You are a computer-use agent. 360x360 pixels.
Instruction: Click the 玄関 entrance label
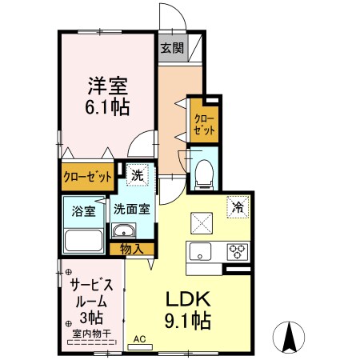coord(172,48)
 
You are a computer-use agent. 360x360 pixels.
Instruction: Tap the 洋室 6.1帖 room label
coord(108,95)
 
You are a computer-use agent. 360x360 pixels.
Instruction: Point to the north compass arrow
coord(289,337)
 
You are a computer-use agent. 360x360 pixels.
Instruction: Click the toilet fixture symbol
coord(203,171)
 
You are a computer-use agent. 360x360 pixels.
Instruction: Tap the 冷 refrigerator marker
coord(238,206)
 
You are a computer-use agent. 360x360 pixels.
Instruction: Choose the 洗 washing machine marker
coord(138,174)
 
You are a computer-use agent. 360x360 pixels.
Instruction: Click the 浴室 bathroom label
coord(84,212)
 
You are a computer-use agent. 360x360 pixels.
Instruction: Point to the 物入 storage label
coord(132,249)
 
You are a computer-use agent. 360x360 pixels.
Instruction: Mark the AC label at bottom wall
coord(139,339)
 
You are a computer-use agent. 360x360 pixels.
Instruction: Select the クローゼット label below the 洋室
coord(87,177)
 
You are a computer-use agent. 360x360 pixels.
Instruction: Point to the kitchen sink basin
coord(198,251)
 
